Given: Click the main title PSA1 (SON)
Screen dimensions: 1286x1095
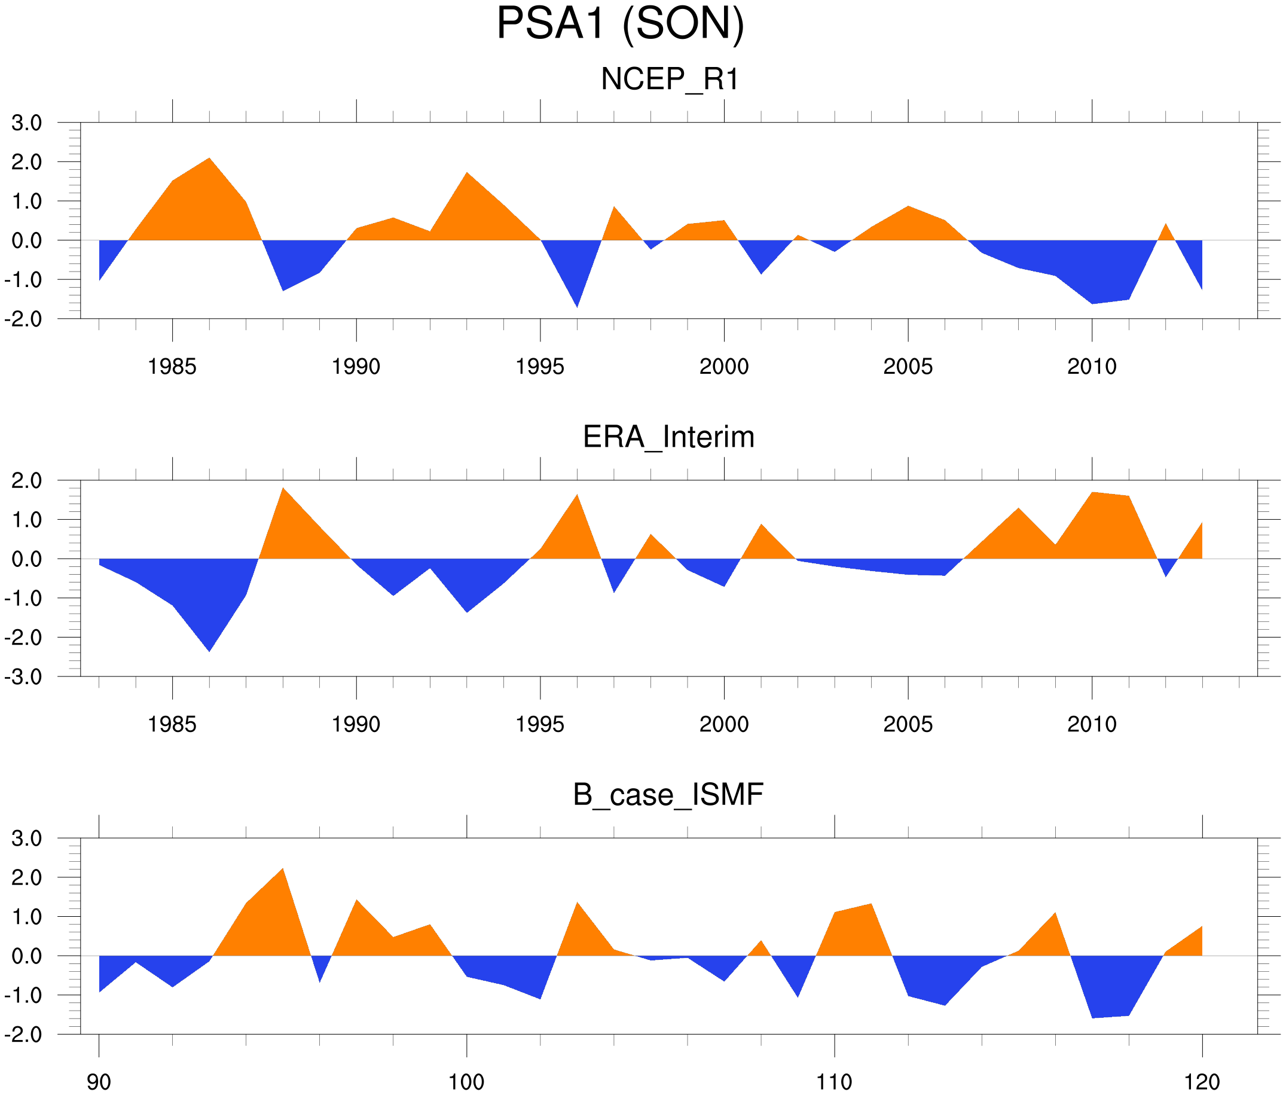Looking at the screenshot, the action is (620, 25).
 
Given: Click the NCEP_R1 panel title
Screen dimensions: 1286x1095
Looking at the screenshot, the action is (670, 80).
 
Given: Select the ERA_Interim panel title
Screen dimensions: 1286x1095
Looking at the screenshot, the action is (668, 437).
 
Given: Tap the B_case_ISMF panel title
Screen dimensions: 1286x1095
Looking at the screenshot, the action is (668, 795).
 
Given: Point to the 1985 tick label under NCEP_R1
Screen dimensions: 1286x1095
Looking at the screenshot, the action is (172, 367).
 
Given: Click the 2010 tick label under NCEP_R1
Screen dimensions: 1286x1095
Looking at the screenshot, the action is (1092, 367).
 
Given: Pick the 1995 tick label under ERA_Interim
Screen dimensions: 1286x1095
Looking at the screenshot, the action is (540, 724).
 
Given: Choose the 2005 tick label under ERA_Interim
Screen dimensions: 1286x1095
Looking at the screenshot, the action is (908, 724).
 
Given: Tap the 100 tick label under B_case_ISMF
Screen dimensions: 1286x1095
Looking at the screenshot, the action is (466, 1082).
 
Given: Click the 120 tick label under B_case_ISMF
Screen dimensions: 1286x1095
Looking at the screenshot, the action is (1202, 1082).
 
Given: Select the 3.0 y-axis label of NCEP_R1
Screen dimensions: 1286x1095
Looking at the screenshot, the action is (27, 123).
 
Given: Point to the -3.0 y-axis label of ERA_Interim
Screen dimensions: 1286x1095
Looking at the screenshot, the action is (23, 676).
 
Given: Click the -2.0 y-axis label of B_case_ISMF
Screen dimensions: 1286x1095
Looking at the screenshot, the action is (23, 1035).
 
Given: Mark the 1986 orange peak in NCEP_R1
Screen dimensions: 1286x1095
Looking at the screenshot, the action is (209, 159).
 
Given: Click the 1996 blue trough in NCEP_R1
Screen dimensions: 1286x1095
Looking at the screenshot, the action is (577, 306).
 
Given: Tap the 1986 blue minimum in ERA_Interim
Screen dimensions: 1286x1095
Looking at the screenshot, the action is (209, 651).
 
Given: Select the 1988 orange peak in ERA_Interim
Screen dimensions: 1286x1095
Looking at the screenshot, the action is (283, 489).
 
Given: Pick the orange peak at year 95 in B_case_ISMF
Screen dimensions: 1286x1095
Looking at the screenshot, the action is (283, 869).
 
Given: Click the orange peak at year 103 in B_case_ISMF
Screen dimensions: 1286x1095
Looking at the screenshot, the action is (577, 903).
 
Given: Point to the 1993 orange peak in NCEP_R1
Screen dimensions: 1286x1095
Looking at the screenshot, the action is (467, 173).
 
